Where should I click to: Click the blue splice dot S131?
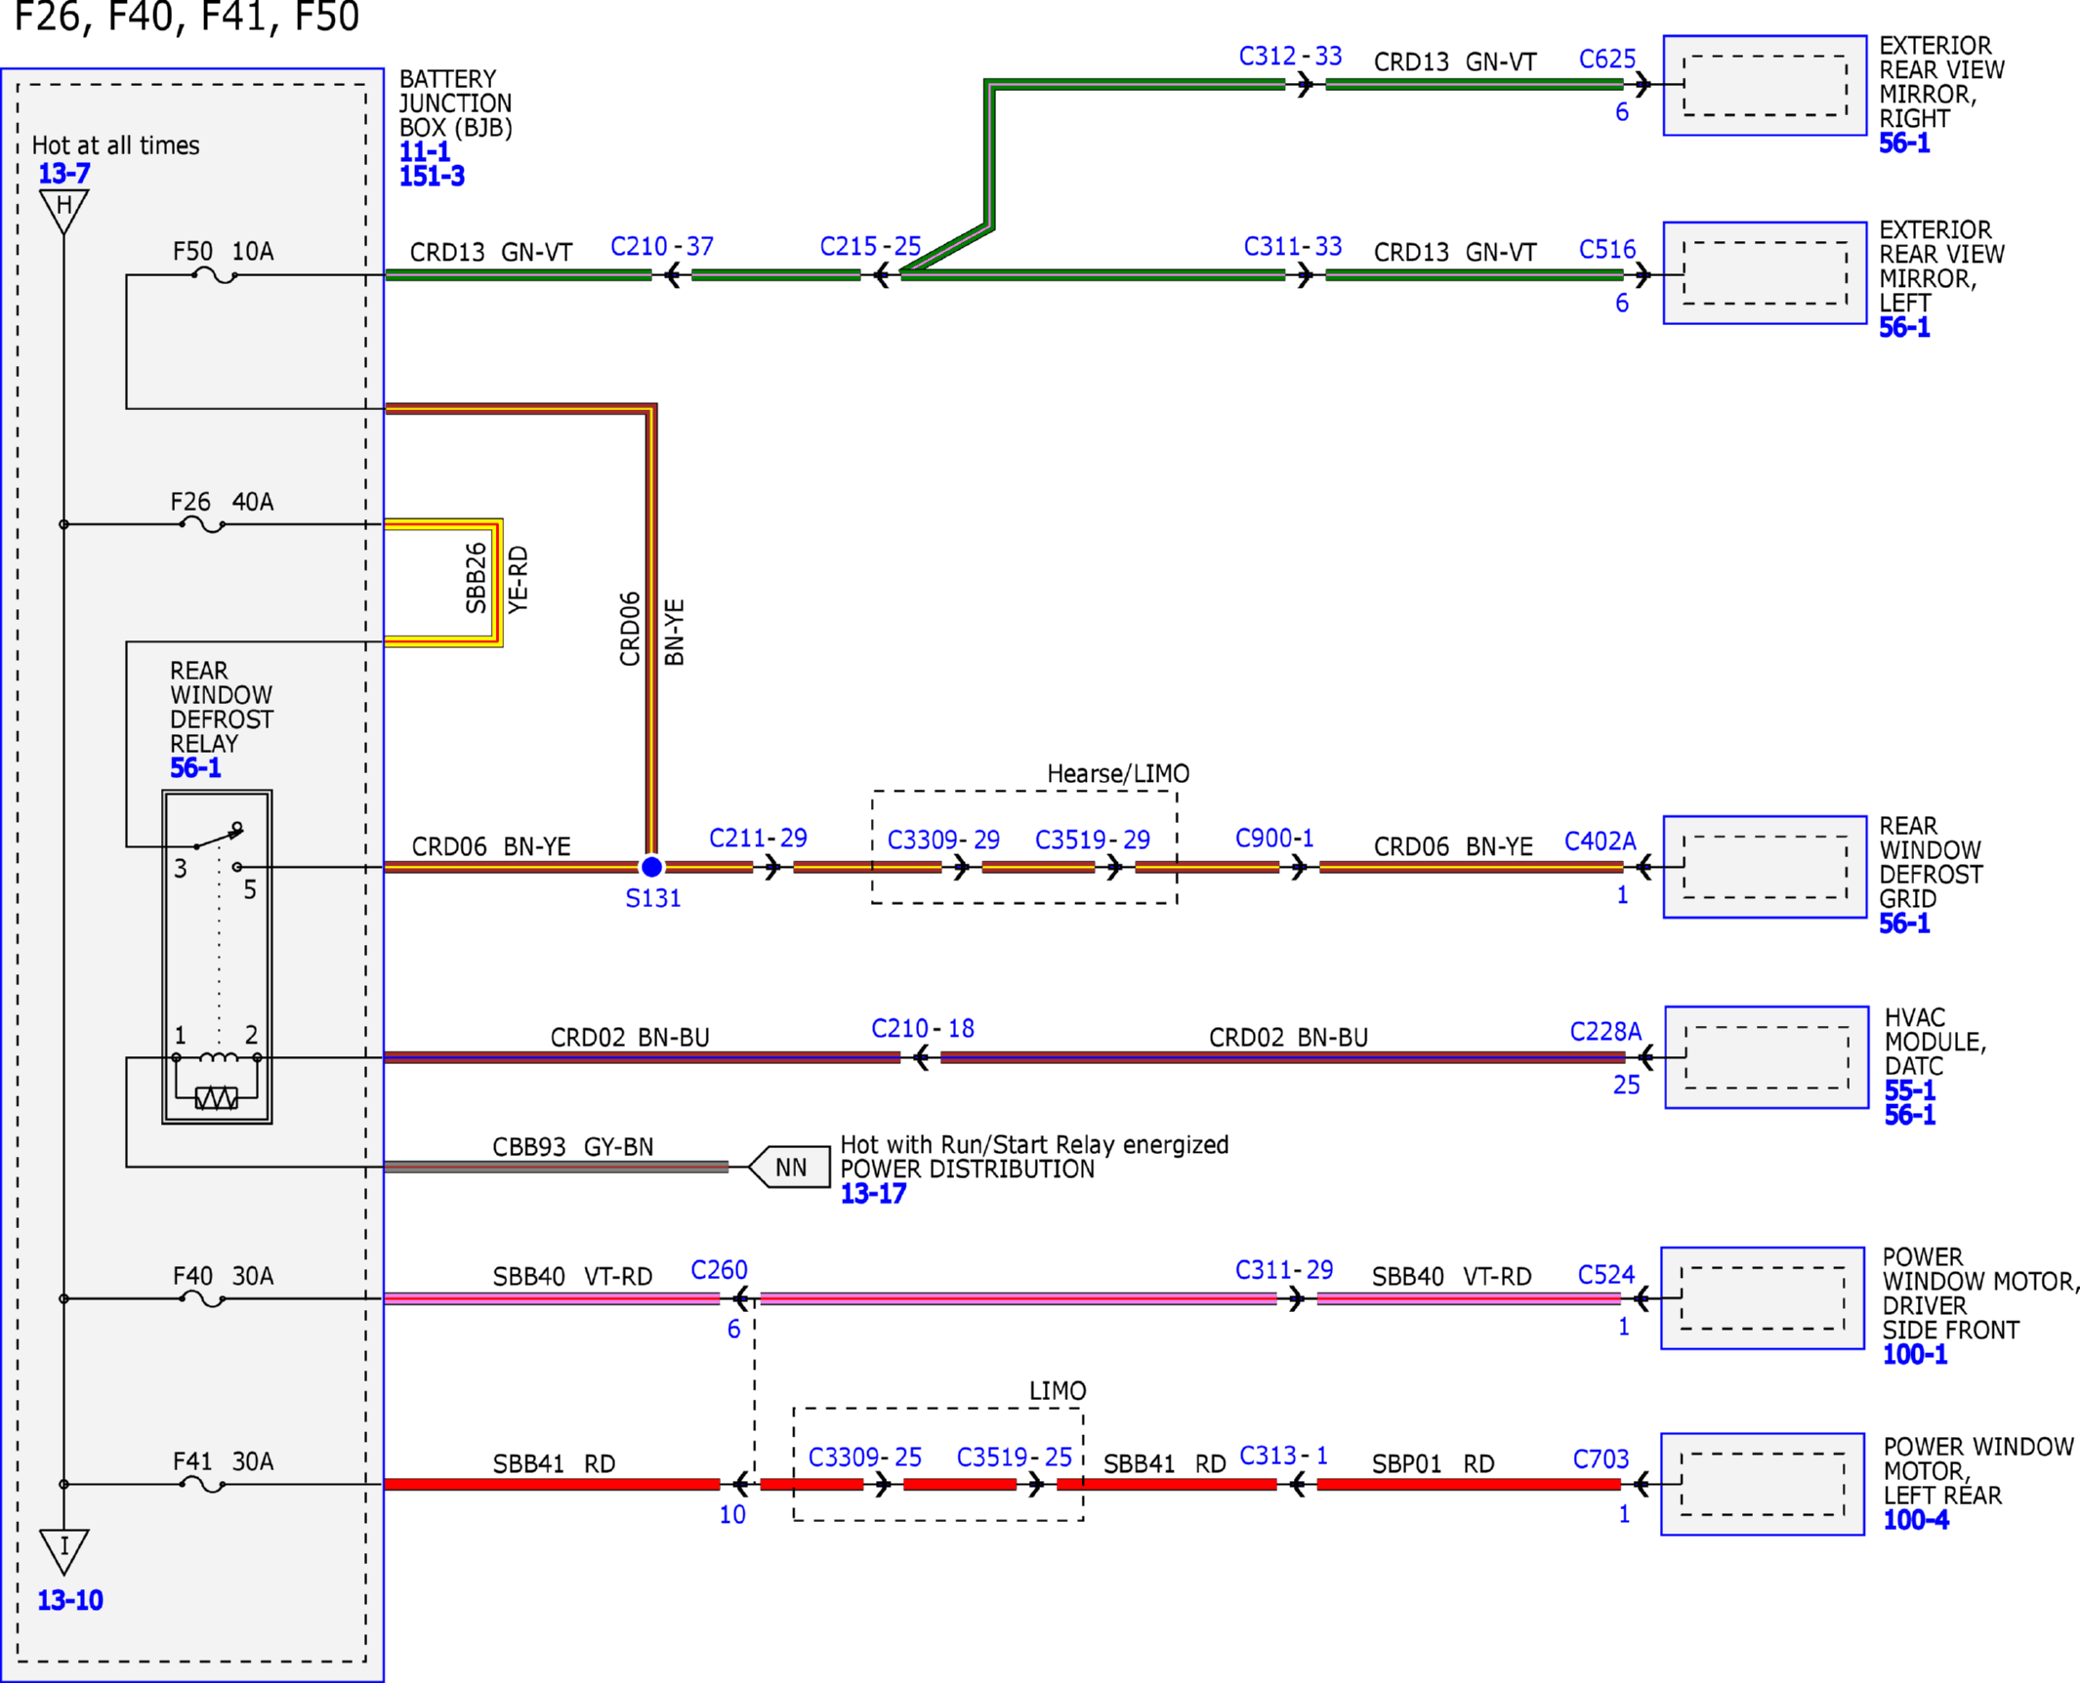tap(651, 866)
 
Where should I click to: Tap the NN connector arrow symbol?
tap(789, 1167)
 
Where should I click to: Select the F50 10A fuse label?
tap(223, 251)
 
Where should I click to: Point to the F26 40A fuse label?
tap(222, 502)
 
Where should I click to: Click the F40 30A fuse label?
tap(223, 1276)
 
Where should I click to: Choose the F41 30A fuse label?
tap(223, 1461)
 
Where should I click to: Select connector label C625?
tap(1606, 59)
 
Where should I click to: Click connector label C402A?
tap(1600, 841)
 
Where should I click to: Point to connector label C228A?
tap(1605, 1032)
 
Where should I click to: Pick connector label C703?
tap(1601, 1459)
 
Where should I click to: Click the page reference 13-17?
tap(873, 1194)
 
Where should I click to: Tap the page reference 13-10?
tap(70, 1600)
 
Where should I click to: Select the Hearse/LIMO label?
tap(1118, 773)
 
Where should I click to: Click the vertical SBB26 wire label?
tap(476, 578)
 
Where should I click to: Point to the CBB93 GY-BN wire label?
tap(572, 1146)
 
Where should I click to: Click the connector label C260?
tap(719, 1270)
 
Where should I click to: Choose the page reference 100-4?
tap(1916, 1520)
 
